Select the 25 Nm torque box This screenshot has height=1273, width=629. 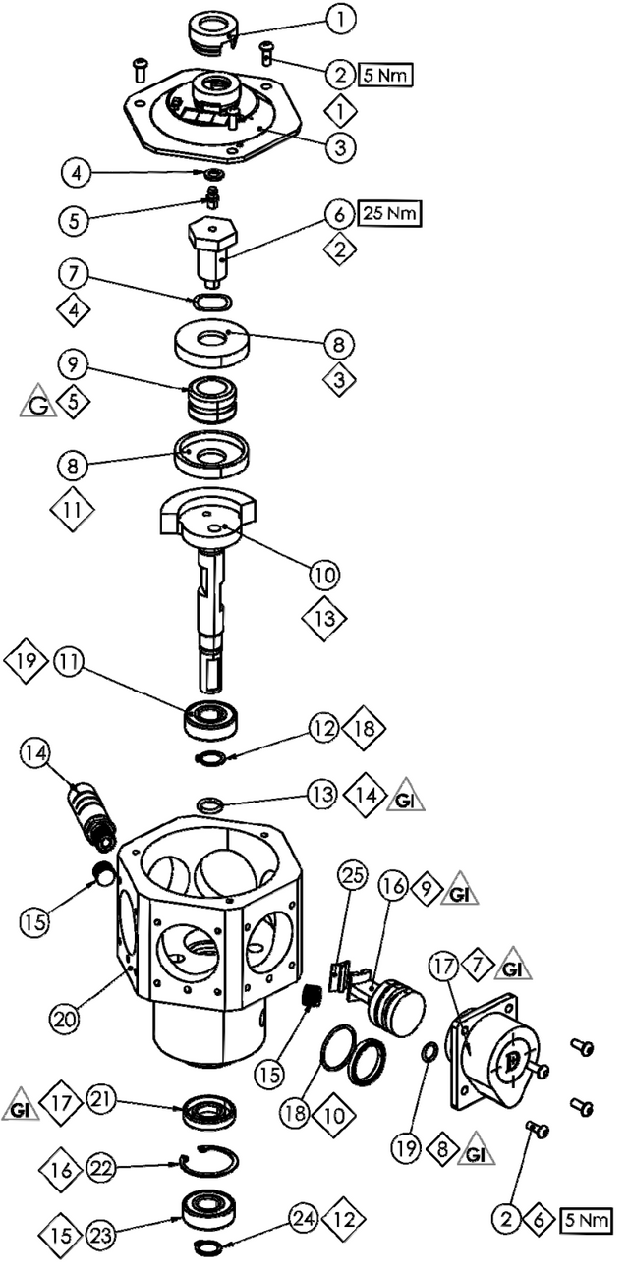[391, 212]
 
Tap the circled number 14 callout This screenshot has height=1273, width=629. [34, 754]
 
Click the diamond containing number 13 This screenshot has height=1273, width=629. [323, 618]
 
